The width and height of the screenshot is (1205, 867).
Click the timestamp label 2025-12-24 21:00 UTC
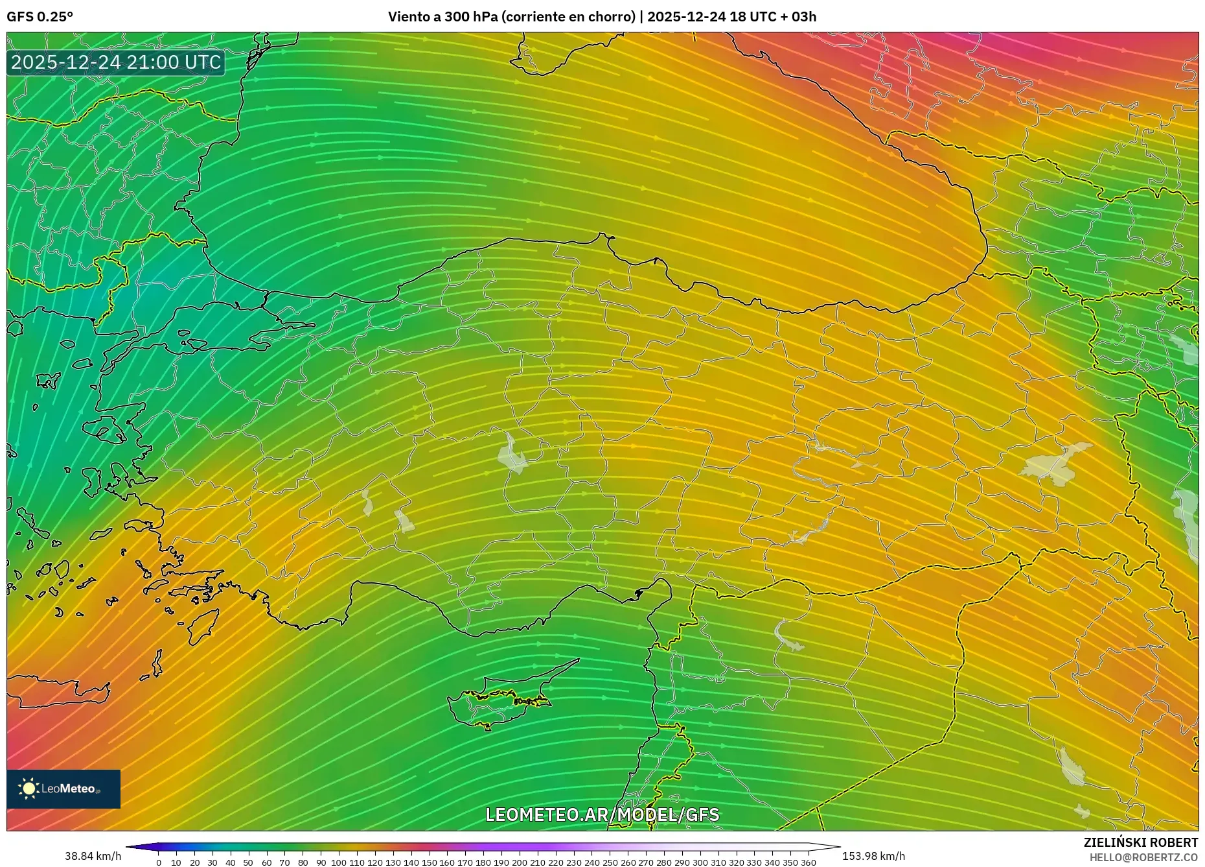116,62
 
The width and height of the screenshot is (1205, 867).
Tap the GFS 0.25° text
40,17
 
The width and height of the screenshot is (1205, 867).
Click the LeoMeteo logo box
63,789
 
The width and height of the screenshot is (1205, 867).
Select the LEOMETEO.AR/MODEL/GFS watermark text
602,814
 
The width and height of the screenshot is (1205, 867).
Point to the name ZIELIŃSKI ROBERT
1140,842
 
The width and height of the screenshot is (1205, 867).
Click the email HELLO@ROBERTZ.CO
1143,857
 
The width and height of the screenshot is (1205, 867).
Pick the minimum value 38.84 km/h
93,856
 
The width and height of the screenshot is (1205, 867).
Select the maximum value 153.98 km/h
873,856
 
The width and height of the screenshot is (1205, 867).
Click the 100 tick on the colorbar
339,862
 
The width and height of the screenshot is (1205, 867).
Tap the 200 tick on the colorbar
519,862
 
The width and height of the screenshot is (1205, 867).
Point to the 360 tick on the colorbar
808,862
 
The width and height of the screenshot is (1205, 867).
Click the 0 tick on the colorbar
159,862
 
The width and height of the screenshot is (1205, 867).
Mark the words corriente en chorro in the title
568,17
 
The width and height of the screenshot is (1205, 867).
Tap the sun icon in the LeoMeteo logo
29,789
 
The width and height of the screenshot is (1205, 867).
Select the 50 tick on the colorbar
248,862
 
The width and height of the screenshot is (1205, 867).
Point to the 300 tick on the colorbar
700,862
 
